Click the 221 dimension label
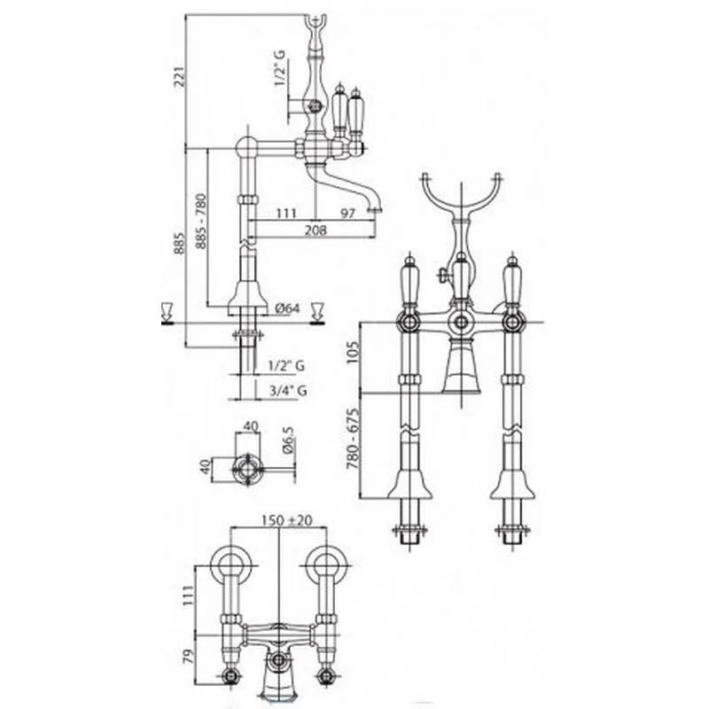(180, 77)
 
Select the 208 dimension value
(316, 230)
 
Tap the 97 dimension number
(347, 213)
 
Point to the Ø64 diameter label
(287, 308)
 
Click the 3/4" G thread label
(288, 390)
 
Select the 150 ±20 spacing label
(286, 520)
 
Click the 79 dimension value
(189, 656)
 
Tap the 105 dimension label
(353, 352)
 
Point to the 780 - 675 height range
(353, 439)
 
